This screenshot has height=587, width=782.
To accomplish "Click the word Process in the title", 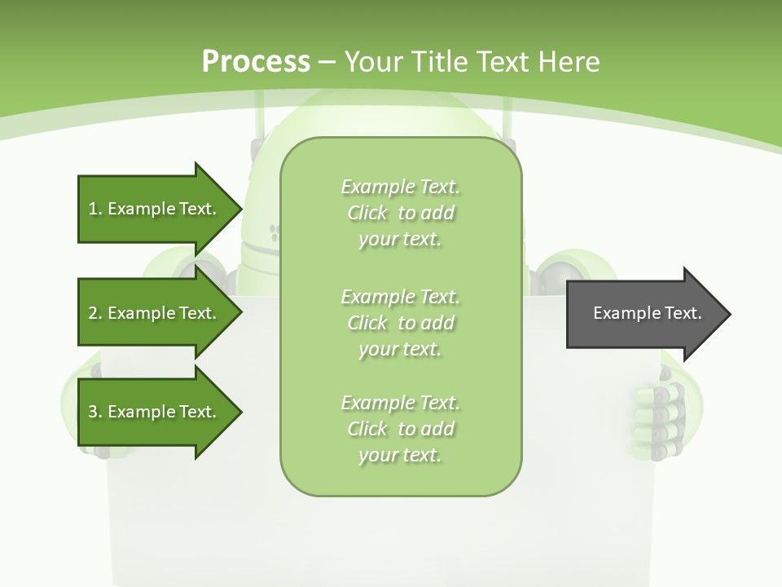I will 256,62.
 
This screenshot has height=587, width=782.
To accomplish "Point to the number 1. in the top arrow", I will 95,209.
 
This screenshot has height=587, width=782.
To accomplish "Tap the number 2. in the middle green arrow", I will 95,313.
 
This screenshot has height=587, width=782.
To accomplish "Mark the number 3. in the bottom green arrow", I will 95,412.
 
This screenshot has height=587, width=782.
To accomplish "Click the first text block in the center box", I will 400,213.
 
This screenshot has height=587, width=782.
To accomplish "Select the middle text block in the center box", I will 400,323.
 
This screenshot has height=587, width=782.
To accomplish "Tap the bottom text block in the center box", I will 400,429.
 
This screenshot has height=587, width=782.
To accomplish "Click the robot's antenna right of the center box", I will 515,122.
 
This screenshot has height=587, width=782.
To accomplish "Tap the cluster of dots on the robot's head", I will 275,234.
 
